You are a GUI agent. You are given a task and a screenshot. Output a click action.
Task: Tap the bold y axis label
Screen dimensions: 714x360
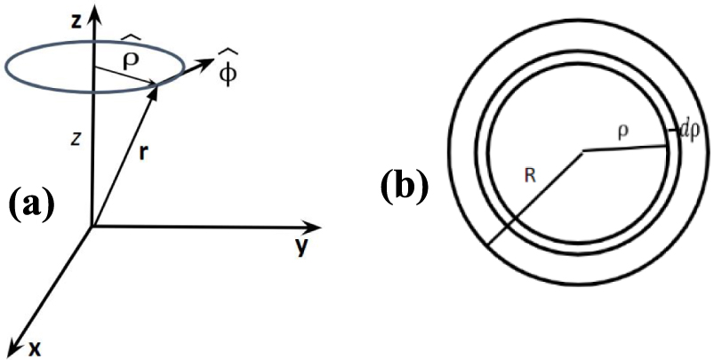tap(301, 246)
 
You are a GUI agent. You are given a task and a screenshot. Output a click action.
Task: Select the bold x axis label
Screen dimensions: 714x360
tap(35, 348)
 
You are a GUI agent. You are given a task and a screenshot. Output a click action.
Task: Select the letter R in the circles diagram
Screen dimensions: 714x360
tap(529, 176)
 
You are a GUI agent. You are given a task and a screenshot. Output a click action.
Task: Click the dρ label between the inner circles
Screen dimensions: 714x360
tap(686, 134)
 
